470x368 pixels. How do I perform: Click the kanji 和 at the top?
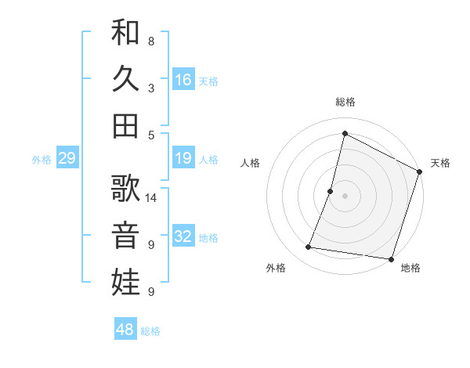point(125,33)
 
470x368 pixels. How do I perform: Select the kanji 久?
point(125,79)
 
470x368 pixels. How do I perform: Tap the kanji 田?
point(125,125)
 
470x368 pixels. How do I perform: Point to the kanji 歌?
point(125,188)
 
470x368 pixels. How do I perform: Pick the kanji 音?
point(125,234)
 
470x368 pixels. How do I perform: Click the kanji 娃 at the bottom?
point(125,281)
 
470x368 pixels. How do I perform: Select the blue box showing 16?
point(183,80)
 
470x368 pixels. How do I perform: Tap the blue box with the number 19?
point(183,159)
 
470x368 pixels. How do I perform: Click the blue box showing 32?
point(183,237)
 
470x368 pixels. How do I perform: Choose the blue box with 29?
point(67,159)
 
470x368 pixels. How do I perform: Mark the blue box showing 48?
point(125,330)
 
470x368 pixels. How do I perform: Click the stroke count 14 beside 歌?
point(152,197)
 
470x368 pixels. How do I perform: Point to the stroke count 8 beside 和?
point(151,41)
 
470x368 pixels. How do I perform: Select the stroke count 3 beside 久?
point(151,88)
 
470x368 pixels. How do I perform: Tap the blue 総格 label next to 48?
point(150,331)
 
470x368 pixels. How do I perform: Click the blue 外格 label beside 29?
point(42,160)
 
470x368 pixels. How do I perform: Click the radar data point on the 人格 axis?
point(331,191)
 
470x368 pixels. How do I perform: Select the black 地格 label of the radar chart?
point(410,268)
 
